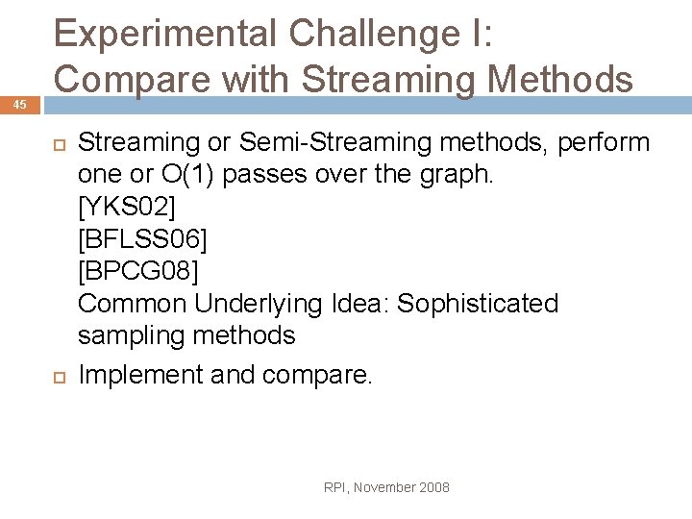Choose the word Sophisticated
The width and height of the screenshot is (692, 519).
tap(478, 304)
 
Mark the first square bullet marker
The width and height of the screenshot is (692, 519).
tap(56, 144)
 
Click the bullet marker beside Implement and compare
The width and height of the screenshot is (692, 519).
tap(56, 375)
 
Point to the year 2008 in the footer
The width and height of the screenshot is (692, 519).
tap(433, 488)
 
